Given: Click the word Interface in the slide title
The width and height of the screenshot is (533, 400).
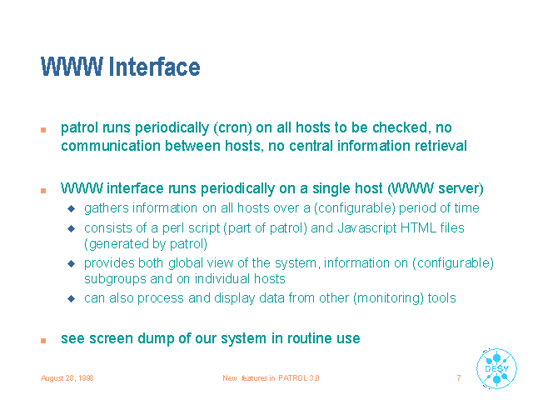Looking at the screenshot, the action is pos(155,67).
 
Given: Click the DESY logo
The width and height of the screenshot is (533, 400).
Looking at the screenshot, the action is pos(496,368).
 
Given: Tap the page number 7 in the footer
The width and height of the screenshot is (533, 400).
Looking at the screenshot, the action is pos(459,377).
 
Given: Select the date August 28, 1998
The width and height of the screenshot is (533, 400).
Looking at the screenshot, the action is pos(67,378).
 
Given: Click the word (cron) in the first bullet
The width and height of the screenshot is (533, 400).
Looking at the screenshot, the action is pos(233,127).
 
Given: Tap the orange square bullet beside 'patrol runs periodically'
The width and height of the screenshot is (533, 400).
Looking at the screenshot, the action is pos(43,130).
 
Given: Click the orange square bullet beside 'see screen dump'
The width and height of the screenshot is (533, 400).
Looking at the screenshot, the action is pos(43,341).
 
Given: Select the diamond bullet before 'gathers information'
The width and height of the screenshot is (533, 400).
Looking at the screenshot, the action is pos(72,208).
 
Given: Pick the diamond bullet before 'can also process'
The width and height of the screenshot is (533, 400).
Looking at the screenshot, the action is pos(72,298).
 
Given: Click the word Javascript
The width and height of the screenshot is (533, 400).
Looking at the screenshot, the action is pos(367,228).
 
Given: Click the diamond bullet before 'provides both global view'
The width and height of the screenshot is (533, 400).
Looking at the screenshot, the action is pos(72,263).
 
